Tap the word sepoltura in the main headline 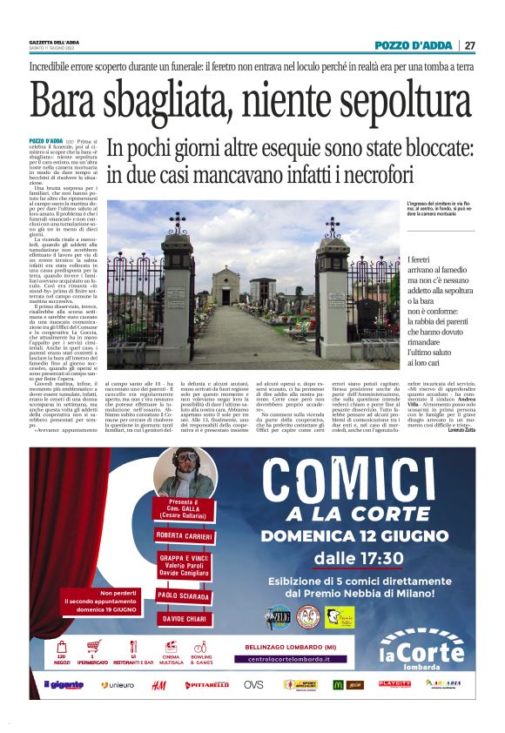click(399, 103)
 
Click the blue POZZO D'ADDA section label click(414, 45)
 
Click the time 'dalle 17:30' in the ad click(359, 557)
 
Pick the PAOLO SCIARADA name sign click(184, 595)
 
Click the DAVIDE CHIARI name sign click(184, 618)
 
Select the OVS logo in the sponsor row click(253, 684)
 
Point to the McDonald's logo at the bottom click(338, 684)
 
